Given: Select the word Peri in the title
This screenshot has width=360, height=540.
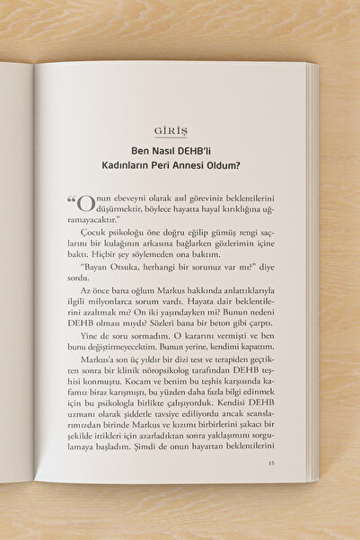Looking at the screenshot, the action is click(x=182, y=166).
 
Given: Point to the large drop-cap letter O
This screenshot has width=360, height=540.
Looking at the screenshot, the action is click(x=85, y=203).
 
